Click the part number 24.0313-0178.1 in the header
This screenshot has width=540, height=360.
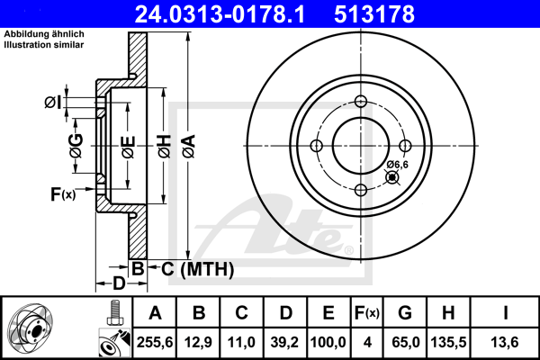[x=220, y=14]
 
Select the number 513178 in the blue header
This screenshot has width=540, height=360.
[x=374, y=14]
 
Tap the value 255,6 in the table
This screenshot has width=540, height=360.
[x=155, y=342]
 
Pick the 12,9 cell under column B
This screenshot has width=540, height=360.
[x=198, y=342]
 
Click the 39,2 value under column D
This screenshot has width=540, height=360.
[x=284, y=342]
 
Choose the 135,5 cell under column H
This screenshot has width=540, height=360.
[x=448, y=342]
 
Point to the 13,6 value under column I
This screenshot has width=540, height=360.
[x=505, y=342]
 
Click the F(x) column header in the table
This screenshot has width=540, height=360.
[x=367, y=313]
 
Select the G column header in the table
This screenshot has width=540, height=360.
[x=405, y=313]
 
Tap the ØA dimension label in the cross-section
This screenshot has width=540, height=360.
[x=189, y=146]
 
